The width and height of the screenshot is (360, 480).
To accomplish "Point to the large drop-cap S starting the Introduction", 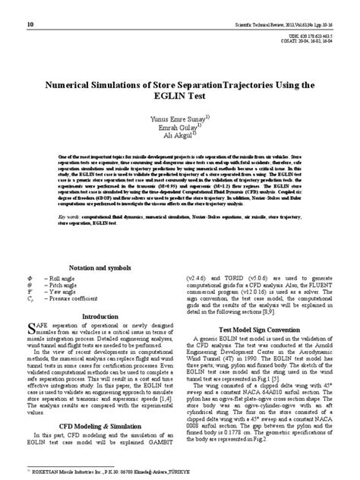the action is point(30,328).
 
